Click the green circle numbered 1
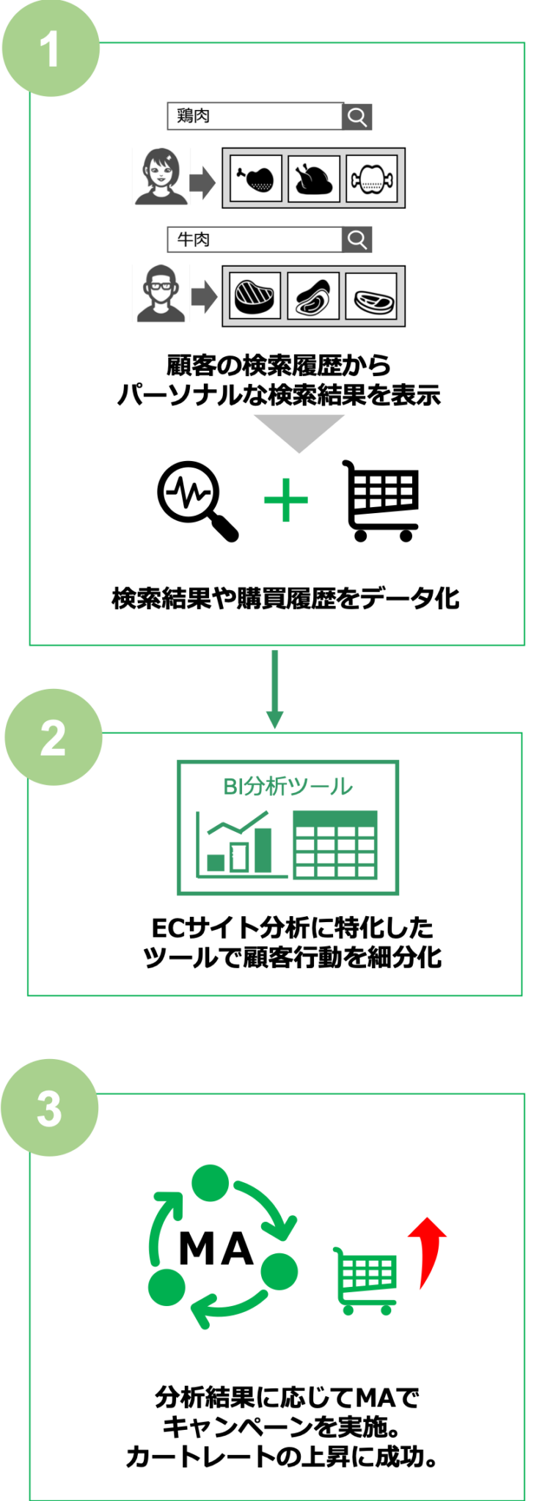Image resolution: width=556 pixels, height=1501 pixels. click(50, 48)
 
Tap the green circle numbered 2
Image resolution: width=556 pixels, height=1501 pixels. click(53, 737)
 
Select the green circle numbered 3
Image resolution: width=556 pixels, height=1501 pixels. click(49, 1107)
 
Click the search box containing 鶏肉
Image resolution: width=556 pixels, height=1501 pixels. click(255, 116)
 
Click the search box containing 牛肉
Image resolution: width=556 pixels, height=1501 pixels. click(255, 239)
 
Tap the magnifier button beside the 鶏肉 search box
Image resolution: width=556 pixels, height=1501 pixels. click(357, 116)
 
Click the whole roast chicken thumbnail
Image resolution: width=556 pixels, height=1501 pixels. click(314, 178)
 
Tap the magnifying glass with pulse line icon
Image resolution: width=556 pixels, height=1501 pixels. click(197, 501)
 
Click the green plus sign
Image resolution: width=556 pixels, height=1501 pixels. click(286, 501)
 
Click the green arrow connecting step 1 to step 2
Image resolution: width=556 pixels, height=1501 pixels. click(275, 689)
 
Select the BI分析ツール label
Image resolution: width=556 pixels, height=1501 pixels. click(288, 786)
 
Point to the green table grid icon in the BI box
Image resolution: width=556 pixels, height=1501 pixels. click(335, 844)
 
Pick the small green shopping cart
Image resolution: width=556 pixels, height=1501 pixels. click(365, 1280)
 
